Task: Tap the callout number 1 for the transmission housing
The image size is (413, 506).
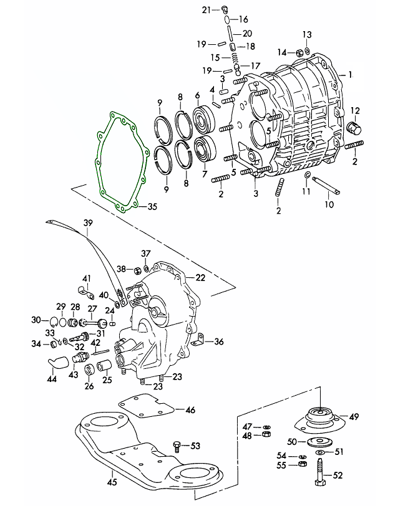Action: (x=351, y=74)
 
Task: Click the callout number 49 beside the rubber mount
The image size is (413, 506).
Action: (x=354, y=416)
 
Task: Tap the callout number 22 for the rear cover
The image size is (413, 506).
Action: (x=200, y=277)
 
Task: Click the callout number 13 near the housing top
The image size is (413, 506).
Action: (x=306, y=34)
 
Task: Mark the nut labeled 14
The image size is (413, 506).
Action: (x=299, y=52)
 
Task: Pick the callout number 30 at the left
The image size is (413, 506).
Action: (x=36, y=320)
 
